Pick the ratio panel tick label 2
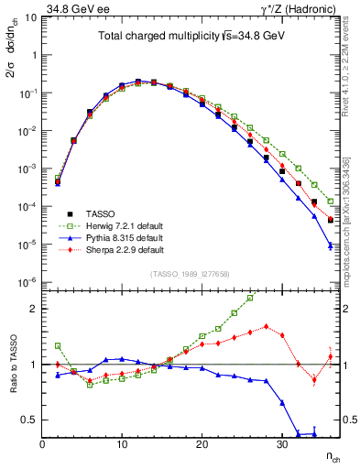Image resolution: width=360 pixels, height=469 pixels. (32, 309)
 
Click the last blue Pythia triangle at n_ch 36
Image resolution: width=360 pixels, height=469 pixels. (330, 245)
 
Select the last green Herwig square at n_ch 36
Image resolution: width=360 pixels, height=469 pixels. (330, 202)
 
